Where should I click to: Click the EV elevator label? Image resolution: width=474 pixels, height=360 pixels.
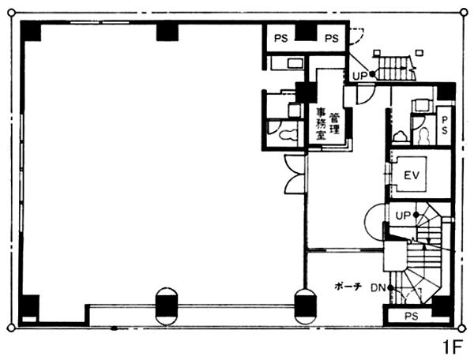click(412, 175)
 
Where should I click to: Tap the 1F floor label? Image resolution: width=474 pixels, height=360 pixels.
click(453, 347)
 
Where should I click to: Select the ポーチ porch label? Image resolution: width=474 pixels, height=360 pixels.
click(348, 287)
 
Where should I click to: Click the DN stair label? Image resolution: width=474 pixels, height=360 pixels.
click(378, 288)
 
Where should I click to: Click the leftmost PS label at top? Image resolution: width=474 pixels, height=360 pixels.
click(280, 39)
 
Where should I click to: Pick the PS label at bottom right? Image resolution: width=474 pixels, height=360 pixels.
click(412, 317)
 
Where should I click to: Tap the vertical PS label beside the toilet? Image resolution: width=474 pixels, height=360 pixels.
click(444, 126)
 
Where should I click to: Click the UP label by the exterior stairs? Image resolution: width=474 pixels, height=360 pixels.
click(360, 76)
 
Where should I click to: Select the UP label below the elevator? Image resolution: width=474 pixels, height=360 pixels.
click(403, 216)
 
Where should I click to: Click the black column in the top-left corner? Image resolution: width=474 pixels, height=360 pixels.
click(30, 31)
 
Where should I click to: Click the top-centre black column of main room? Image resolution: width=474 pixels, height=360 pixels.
click(167, 32)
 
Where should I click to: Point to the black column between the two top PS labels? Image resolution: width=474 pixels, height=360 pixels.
click(306, 32)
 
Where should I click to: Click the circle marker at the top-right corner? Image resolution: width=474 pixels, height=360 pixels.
click(464, 13)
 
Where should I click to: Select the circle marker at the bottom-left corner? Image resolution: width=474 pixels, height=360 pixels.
click(11, 328)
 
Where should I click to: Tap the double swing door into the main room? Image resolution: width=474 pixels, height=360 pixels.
click(295, 174)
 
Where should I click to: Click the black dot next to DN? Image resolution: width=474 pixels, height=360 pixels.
click(390, 288)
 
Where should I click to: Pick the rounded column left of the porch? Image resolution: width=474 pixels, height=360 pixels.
click(305, 306)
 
